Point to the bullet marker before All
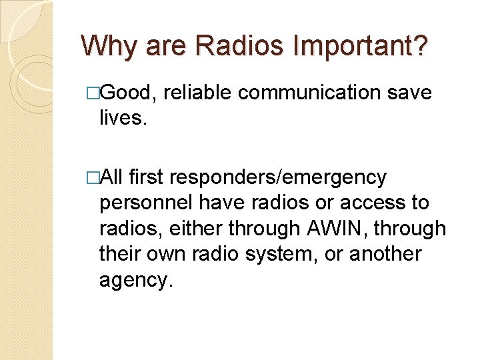click(93, 177)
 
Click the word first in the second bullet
click(147, 177)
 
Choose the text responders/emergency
click(278, 177)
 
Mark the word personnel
click(145, 203)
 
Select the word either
click(196, 228)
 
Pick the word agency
click(136, 280)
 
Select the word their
click(120, 254)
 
